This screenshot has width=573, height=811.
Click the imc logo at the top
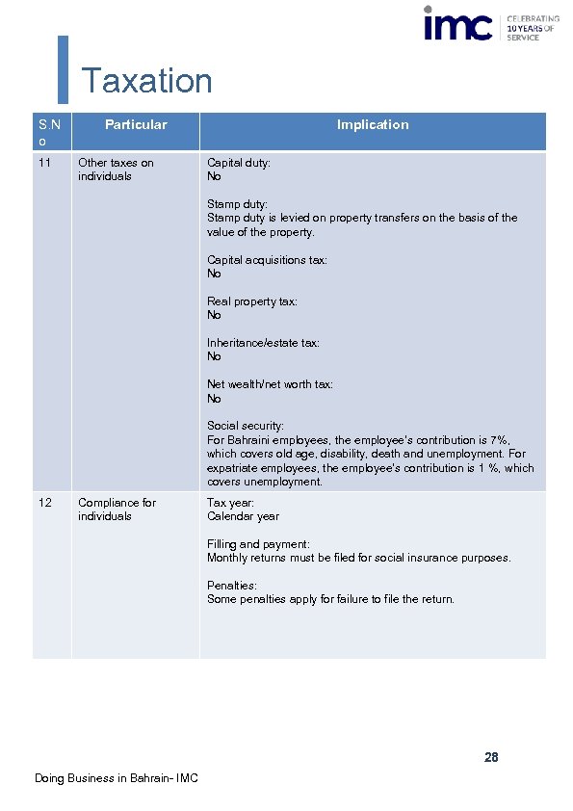pos(458,23)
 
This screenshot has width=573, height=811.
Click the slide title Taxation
pos(146,81)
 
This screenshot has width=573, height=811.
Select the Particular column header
pos(136,125)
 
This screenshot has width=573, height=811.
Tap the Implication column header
pos(373,125)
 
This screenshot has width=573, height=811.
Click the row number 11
pos(44,163)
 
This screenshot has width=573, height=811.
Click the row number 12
pos(44,503)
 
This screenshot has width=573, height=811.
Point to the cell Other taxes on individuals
pos(116,170)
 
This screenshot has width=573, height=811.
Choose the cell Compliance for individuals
pos(117,510)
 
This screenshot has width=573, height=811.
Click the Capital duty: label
pos(239,163)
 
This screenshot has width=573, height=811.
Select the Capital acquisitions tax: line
pos(267,260)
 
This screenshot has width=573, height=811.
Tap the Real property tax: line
pos(252,301)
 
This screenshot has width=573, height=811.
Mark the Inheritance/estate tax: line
pos(263,343)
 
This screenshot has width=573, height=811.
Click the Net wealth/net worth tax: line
pos(270,384)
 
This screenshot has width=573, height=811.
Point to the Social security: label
pos(246,426)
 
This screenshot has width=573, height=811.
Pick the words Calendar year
pos(243,516)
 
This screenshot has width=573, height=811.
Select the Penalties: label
pos(232,586)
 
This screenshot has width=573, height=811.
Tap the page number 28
pos(491,758)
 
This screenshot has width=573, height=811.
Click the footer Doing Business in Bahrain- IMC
pos(116,778)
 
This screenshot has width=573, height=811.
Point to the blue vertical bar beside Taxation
pos(64,69)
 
